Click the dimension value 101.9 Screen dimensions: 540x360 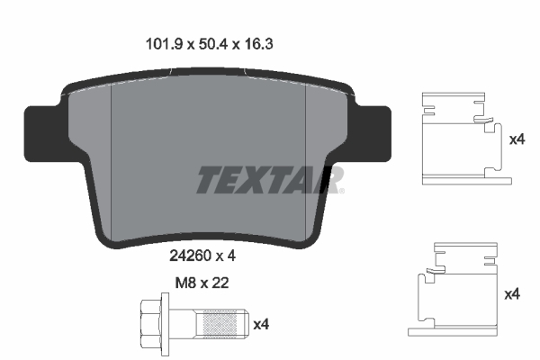[164, 44]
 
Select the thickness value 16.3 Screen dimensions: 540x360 [259, 44]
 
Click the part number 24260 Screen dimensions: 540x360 [190, 256]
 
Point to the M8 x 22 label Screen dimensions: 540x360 [202, 283]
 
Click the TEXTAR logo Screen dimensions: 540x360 [270, 179]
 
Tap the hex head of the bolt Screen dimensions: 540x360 [151, 324]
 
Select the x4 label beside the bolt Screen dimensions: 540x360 [261, 325]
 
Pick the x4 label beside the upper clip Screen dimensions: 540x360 [517, 139]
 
